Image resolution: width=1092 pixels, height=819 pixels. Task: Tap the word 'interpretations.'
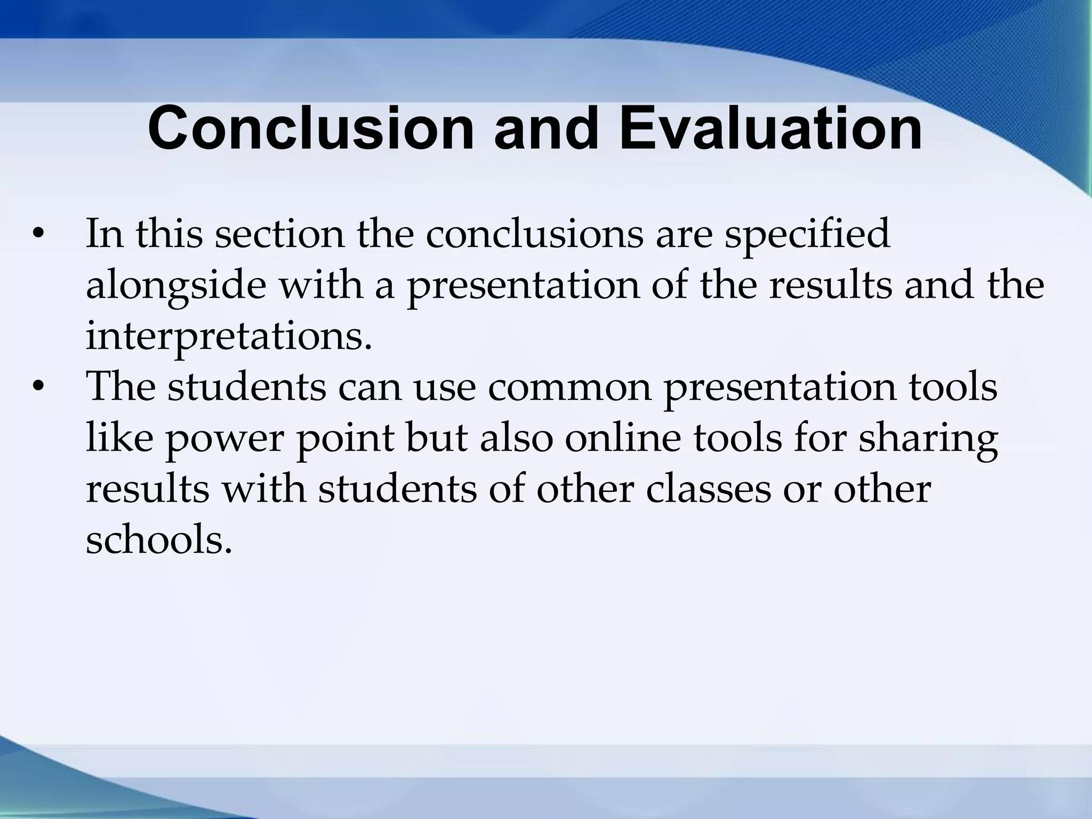229,336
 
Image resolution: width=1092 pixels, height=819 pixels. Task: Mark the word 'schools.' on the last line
159,540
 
